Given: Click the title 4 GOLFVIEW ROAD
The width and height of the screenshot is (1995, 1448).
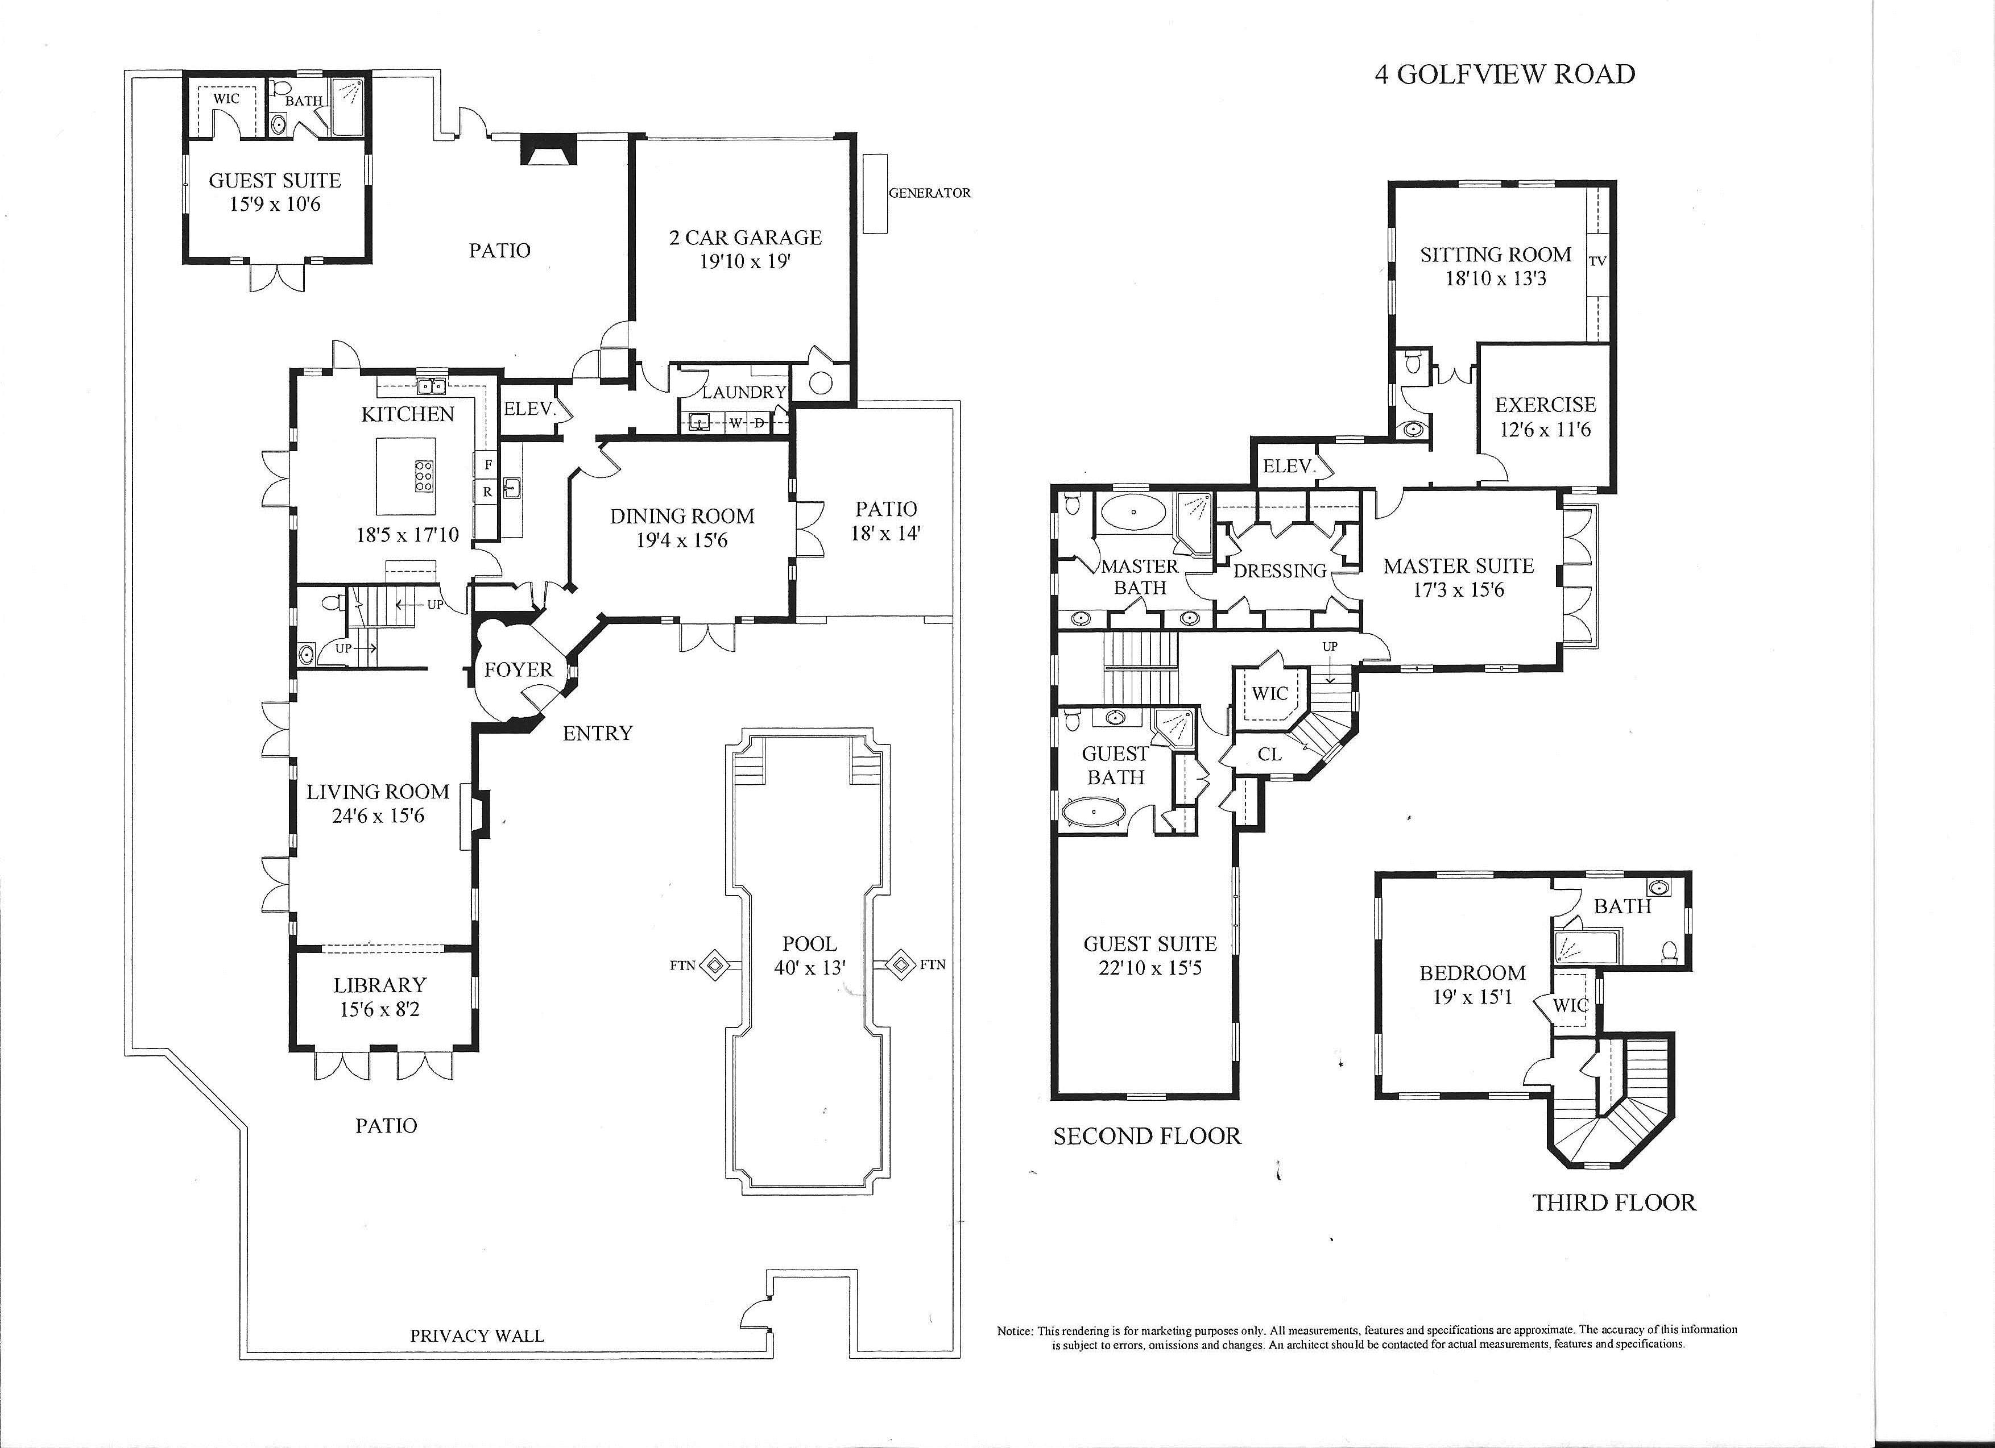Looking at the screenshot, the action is [1504, 74].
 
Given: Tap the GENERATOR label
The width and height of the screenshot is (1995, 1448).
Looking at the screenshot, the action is [930, 193].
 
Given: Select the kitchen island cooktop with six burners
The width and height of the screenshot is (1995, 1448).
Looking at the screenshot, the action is [423, 475].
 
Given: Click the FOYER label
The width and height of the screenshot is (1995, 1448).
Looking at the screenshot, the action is [518, 670].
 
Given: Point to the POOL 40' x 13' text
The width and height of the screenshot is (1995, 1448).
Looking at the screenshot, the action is [809, 956].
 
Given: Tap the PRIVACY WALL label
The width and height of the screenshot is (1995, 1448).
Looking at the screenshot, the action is [477, 1335].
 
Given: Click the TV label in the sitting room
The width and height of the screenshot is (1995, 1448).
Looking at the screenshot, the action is [1597, 261].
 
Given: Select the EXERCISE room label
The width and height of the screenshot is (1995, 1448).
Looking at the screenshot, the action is [1546, 405].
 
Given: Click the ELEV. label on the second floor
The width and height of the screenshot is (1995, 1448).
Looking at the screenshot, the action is [1289, 467].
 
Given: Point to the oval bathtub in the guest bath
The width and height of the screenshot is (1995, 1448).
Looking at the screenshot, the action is [1094, 812].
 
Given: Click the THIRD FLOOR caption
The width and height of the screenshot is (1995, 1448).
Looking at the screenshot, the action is [1614, 1202].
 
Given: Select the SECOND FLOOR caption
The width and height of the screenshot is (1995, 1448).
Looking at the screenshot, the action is [1147, 1137].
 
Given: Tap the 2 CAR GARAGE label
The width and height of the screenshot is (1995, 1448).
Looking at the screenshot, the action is [745, 238].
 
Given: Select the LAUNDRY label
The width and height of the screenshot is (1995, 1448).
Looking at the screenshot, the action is [743, 392].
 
